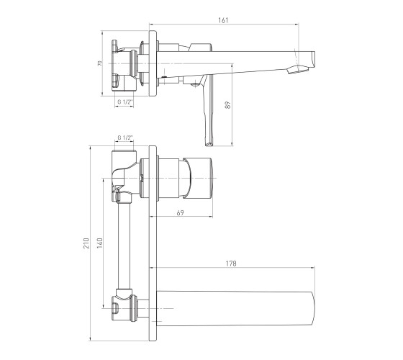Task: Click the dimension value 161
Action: click(x=223, y=20)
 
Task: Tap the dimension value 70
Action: click(x=100, y=63)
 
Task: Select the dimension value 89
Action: click(x=227, y=105)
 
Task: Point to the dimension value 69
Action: click(x=181, y=212)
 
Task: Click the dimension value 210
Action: click(x=87, y=243)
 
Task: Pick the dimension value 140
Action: click(x=100, y=243)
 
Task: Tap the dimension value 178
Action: click(x=231, y=264)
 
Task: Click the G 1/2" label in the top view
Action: click(x=125, y=102)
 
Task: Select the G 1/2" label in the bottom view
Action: click(x=125, y=138)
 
